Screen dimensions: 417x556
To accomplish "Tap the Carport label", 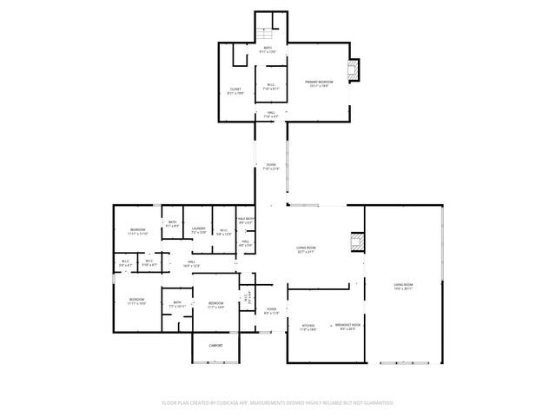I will [x=215, y=345].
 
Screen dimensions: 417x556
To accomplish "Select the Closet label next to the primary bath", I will [x=235, y=90].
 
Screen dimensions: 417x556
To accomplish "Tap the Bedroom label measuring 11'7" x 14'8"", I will [x=215, y=305].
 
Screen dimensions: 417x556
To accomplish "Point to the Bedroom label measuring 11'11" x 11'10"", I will [x=137, y=232].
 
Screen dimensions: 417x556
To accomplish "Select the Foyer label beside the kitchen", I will [x=272, y=311].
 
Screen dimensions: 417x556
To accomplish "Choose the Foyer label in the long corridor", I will [x=270, y=167].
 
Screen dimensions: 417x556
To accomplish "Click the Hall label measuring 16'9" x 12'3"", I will [x=192, y=264].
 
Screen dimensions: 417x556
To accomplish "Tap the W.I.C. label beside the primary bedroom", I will [x=271, y=86].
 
